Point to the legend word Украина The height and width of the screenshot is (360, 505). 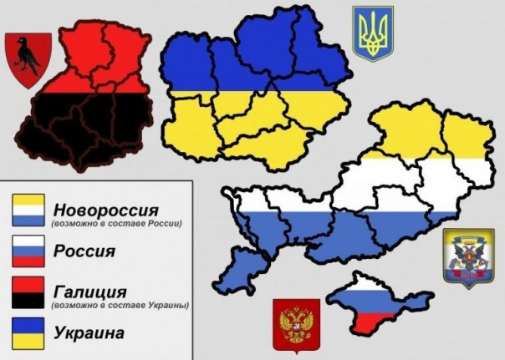(88, 333)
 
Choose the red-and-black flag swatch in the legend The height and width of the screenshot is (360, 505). (27, 292)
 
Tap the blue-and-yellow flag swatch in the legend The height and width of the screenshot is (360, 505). (27, 332)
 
